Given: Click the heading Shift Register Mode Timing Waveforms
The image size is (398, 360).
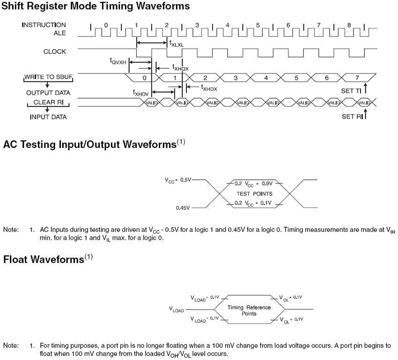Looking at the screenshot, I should coord(96,7).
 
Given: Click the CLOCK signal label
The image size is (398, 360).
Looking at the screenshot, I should coord(55,51).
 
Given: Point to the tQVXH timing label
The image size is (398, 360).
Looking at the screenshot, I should coord(118,61).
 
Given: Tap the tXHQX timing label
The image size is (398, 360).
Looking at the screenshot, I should coord(180,67).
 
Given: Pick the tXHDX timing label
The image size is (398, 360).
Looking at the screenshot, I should coord(209,87).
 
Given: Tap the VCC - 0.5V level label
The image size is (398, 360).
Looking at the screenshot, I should coord(178,180).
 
